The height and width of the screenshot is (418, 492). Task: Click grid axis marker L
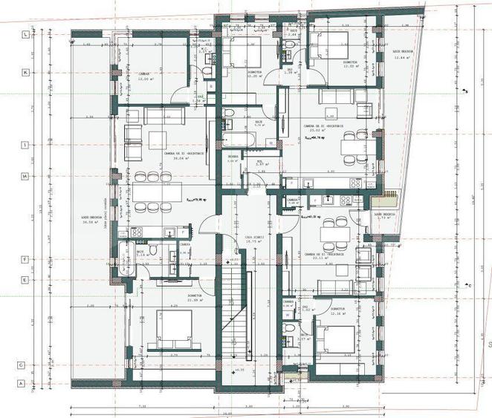(x=26, y=35)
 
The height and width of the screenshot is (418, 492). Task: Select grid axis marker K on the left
(x=26, y=72)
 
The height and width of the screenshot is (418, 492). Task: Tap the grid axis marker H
(x=26, y=176)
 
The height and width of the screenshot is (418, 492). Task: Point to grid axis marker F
(x=26, y=260)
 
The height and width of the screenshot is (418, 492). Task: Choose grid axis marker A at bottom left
(x=22, y=384)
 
